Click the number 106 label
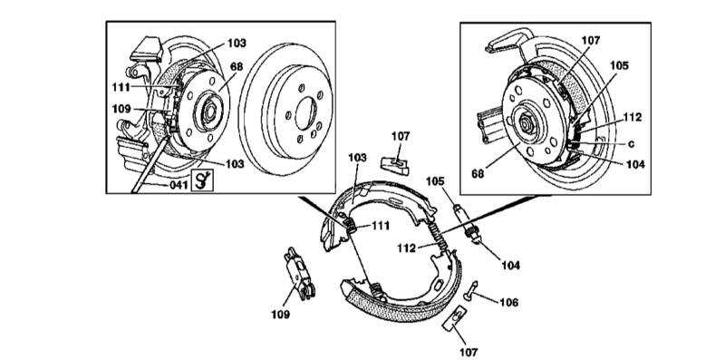(508, 302)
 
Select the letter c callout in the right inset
(630, 143)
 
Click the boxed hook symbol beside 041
(203, 180)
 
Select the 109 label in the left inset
(121, 109)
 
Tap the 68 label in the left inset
(237, 67)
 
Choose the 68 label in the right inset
(478, 173)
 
